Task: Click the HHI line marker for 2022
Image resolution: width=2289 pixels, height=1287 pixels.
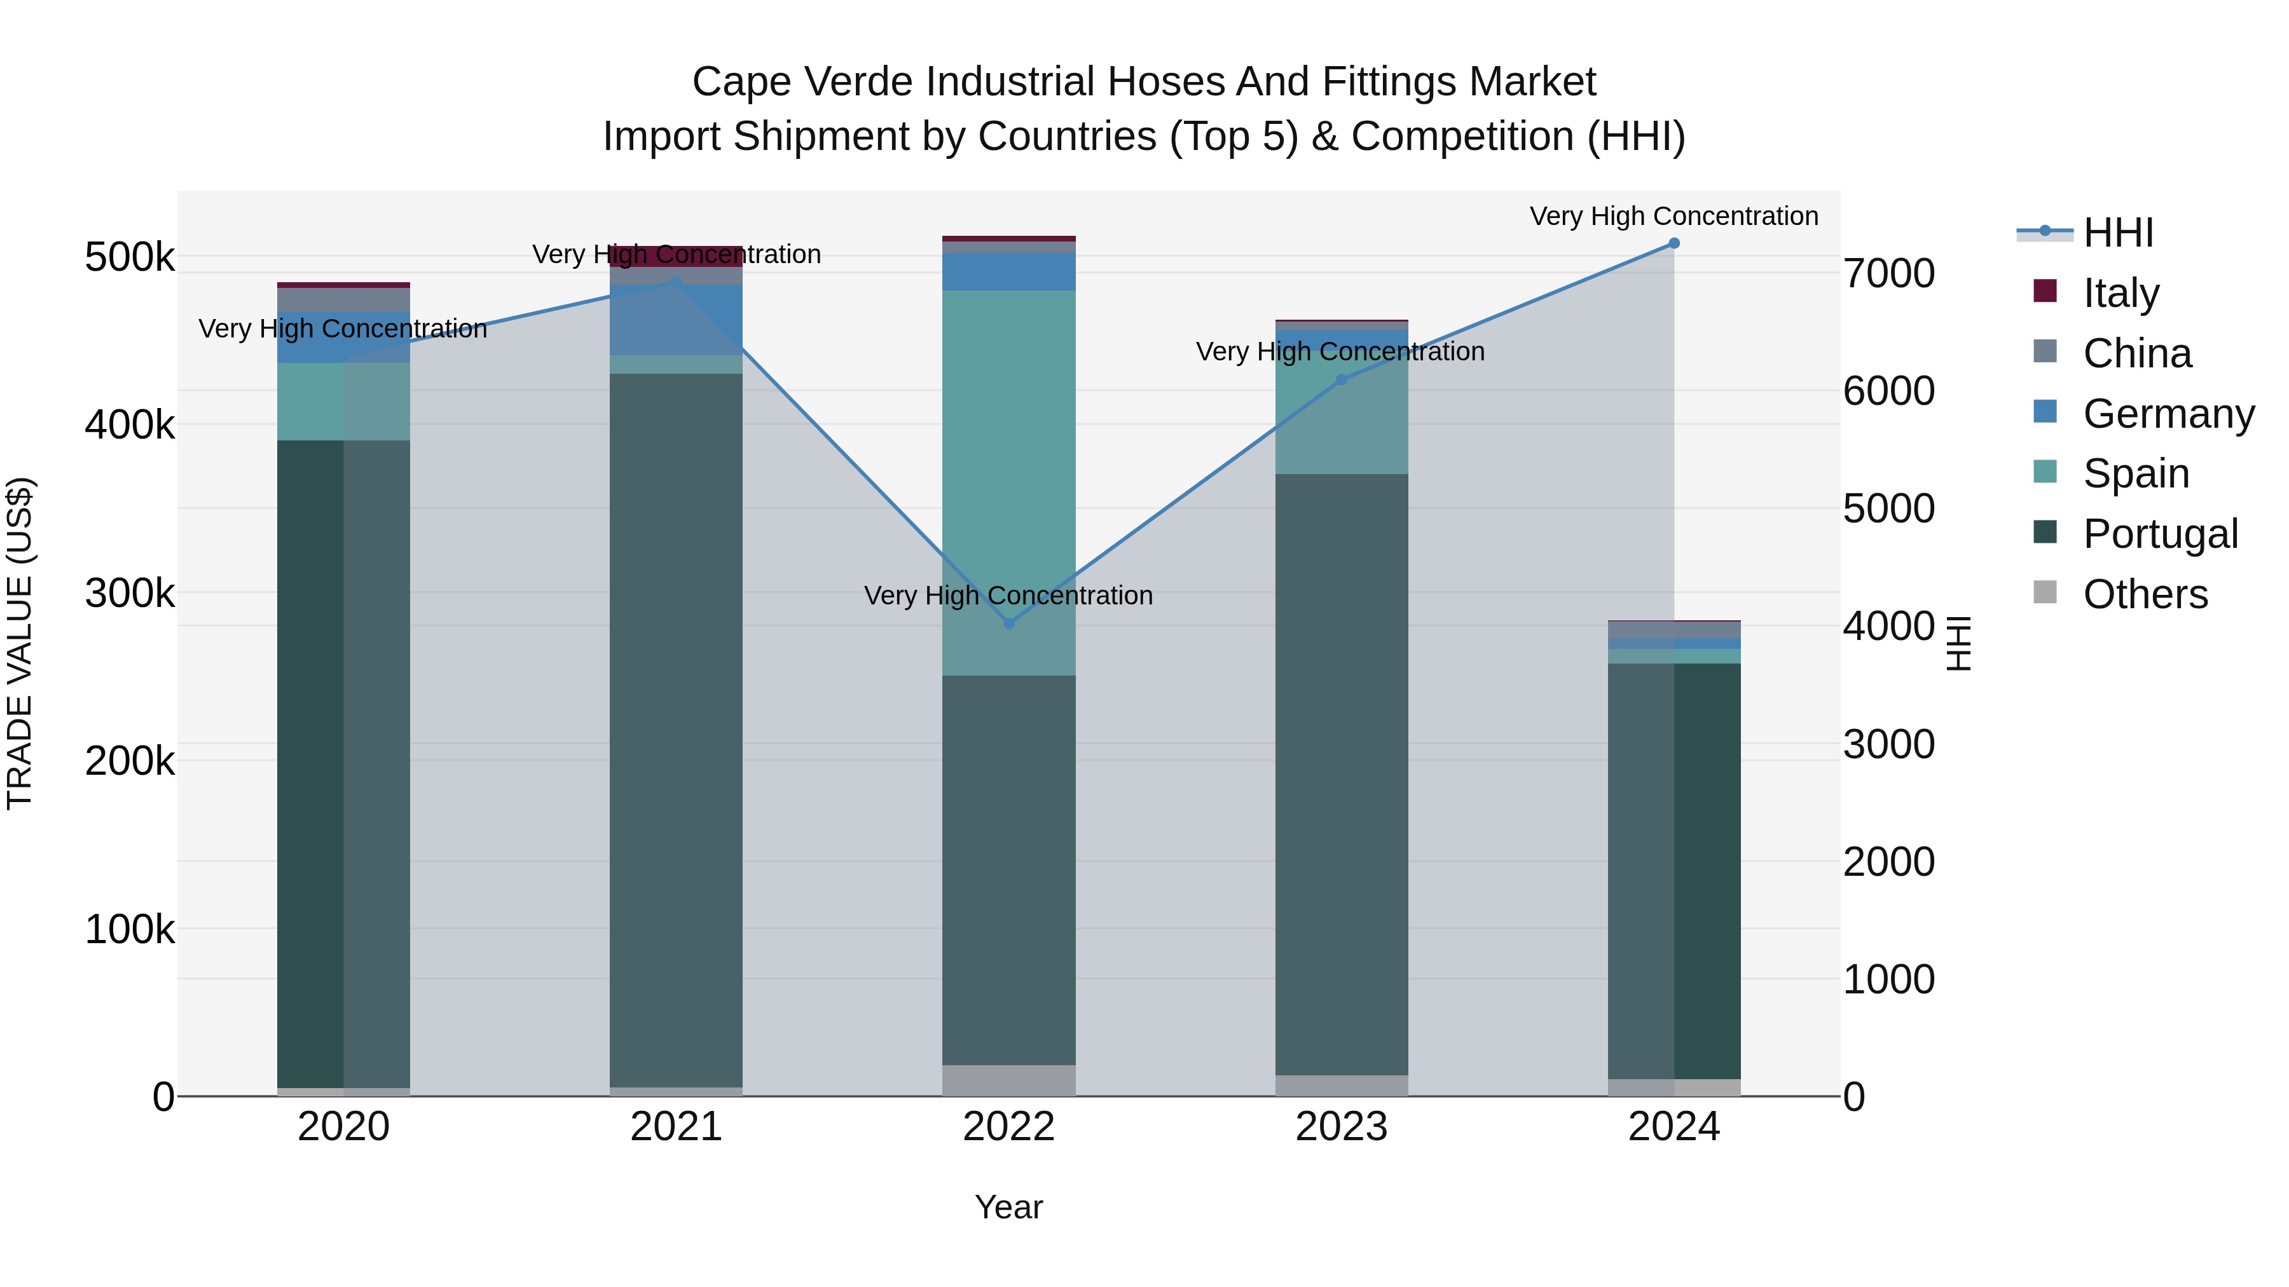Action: pos(1008,623)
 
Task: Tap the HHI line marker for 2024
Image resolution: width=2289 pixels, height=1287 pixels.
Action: pos(1674,243)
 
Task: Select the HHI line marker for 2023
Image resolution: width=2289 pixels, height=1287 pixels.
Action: pos(1342,380)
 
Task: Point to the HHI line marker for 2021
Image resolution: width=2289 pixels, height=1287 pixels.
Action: pos(675,282)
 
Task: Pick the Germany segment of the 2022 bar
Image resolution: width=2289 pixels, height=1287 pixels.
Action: pos(1008,272)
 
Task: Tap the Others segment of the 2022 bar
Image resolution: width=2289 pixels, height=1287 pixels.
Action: pos(1008,1080)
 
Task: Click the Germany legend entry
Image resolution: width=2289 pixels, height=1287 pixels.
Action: pos(2168,414)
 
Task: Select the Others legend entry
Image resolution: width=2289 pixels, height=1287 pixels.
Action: pos(2145,594)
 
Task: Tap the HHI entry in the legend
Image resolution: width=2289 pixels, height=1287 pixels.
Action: pos(2119,233)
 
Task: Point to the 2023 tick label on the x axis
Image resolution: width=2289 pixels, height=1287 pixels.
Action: pos(1341,1127)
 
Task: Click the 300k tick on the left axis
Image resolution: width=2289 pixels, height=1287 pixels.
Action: pos(130,594)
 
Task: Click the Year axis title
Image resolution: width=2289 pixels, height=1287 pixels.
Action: pos(1008,1207)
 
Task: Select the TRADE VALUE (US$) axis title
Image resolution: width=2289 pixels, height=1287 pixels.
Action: pos(20,643)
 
